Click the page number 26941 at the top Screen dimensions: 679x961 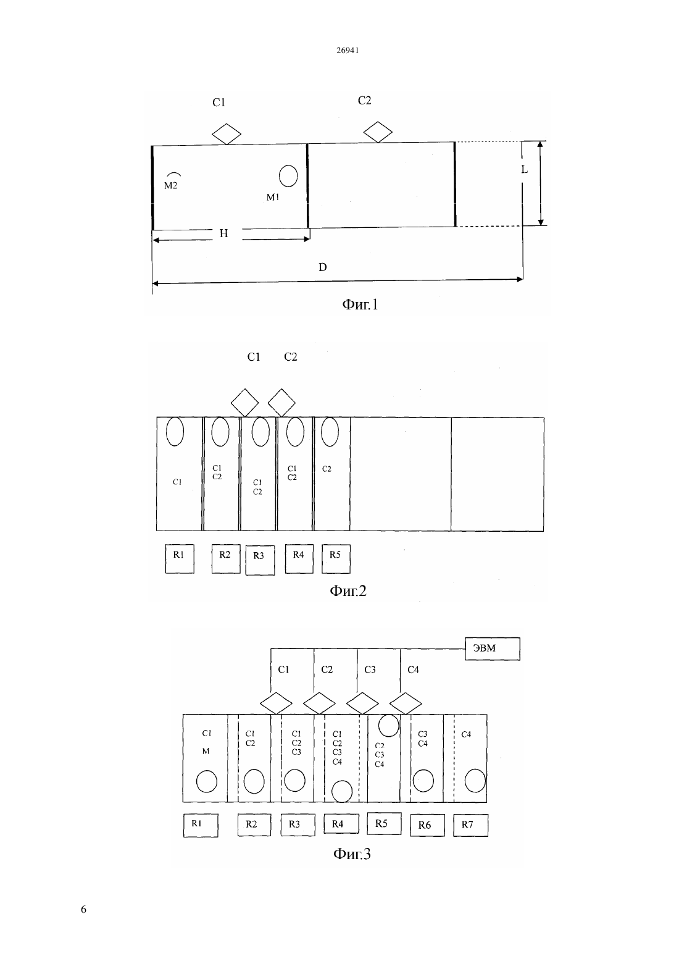[x=347, y=50]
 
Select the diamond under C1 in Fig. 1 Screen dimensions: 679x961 [x=227, y=134]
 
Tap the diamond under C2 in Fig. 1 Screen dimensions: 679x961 [x=378, y=132]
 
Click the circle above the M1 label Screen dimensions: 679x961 [x=288, y=176]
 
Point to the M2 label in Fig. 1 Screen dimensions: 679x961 [x=170, y=185]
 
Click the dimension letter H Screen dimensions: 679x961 [x=223, y=233]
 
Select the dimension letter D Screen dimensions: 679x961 [x=322, y=267]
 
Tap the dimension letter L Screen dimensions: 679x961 [x=524, y=170]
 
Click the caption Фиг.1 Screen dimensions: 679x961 [x=360, y=304]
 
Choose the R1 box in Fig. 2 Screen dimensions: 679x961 [x=180, y=558]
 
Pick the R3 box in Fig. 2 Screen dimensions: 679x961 [x=260, y=560]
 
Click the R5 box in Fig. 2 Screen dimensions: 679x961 [x=336, y=558]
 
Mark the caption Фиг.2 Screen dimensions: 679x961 [x=348, y=591]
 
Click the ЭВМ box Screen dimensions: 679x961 [x=493, y=648]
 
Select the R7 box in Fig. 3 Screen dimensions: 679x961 [x=470, y=825]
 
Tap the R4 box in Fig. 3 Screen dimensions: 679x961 [x=341, y=824]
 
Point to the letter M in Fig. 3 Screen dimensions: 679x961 [x=206, y=751]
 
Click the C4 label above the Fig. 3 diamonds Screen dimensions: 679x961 [x=413, y=669]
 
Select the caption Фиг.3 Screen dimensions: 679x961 [x=352, y=854]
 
